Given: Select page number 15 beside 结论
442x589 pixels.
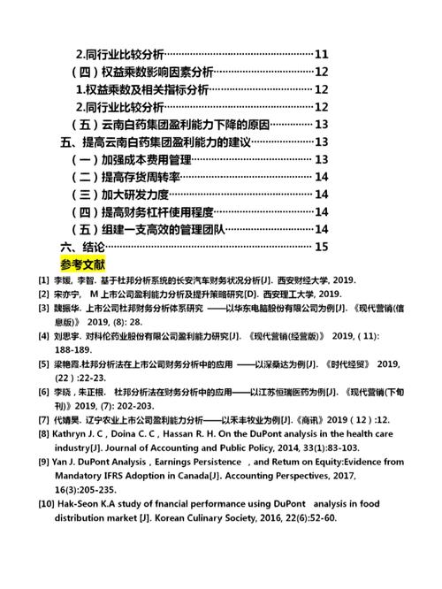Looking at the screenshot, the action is [321, 246].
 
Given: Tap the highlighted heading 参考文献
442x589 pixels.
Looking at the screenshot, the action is [83, 264].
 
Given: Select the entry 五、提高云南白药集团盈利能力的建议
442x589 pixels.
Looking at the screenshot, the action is [156, 142].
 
